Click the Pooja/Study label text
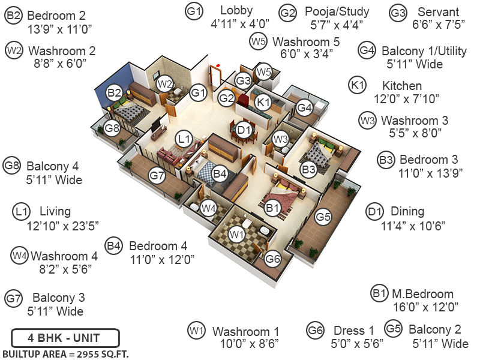tap(337, 11)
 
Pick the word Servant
tap(438, 12)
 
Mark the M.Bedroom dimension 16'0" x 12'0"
tap(425, 307)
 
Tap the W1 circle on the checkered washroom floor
tap(235, 233)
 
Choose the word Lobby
tap(236, 11)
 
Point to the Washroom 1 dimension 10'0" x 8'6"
tap(249, 344)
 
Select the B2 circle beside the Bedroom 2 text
tap(13, 16)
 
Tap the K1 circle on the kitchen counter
tap(263, 103)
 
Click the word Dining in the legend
tap(407, 211)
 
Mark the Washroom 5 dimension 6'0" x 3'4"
tap(306, 54)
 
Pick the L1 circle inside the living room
tap(184, 139)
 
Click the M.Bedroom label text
tap(422, 294)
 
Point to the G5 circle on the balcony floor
tap(323, 215)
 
